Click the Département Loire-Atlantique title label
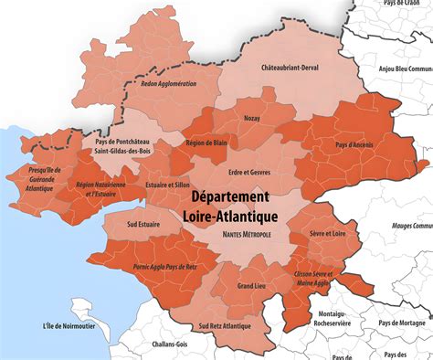pos(229,206)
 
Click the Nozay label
pos(253,118)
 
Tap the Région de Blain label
pos(206,143)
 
